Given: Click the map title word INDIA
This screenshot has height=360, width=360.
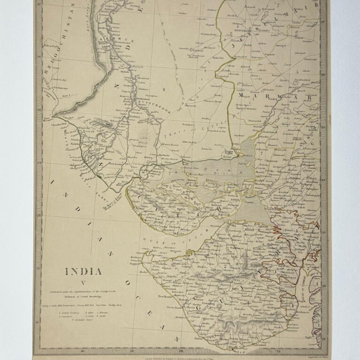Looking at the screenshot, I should (83, 271).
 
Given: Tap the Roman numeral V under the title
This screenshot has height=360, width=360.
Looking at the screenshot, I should (83, 282).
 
